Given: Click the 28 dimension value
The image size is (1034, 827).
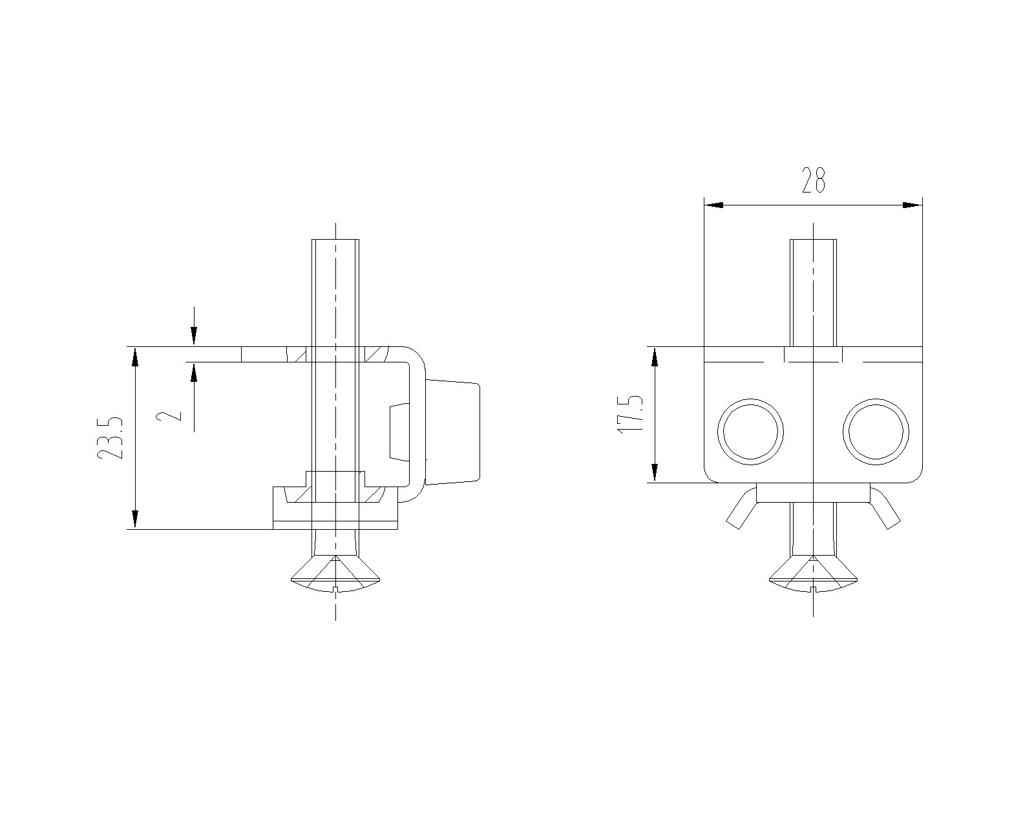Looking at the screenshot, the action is point(814,180).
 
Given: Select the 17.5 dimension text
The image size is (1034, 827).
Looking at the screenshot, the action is point(630,414).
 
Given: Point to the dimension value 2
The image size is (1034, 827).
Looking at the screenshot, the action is point(169,415).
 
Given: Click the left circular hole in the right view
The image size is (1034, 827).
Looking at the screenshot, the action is point(750,432).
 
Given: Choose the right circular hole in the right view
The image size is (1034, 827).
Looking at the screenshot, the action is point(876,432).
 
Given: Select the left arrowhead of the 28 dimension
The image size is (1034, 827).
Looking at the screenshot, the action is point(713,205).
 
